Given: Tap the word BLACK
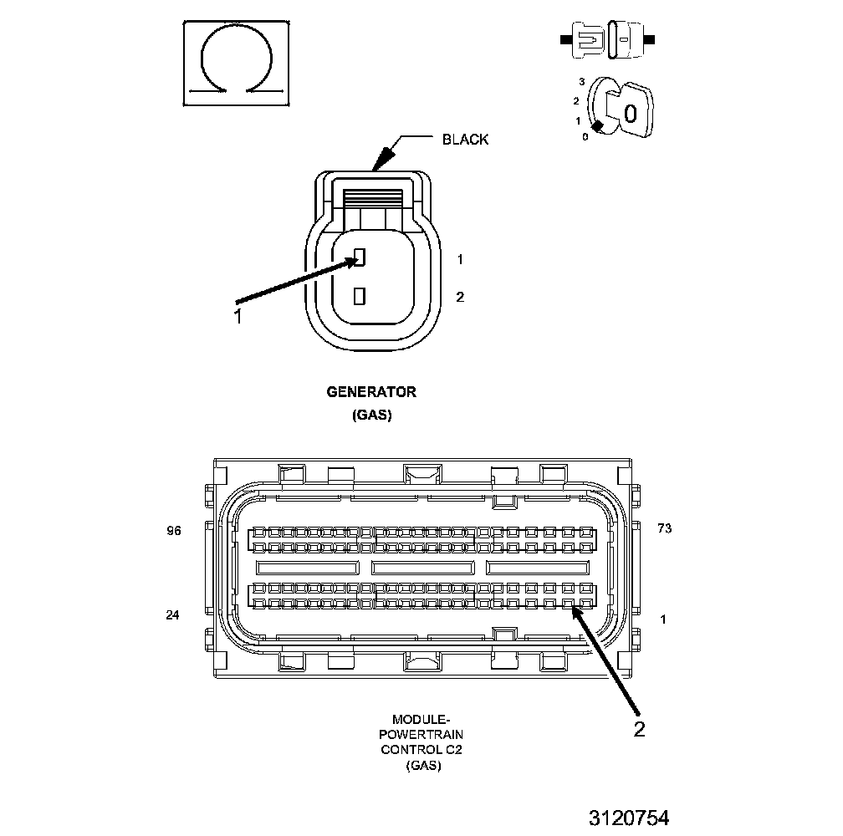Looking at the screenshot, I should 465,140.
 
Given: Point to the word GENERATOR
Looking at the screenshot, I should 371,391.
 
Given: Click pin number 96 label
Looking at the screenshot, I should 174,529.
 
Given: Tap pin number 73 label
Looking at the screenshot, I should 665,529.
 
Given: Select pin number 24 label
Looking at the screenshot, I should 173,615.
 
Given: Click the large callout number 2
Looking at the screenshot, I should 639,729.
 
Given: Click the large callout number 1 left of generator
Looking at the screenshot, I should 238,316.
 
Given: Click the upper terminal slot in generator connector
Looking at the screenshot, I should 360,257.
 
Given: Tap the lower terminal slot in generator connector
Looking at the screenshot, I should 360,295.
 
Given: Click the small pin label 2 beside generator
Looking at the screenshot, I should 459,297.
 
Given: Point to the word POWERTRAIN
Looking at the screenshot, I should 422,734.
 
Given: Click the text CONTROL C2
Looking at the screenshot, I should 422,749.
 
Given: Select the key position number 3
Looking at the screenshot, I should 581,83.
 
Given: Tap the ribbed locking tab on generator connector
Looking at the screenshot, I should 373,198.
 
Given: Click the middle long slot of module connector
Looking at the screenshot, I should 422,567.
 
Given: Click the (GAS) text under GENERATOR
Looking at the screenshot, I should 371,415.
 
